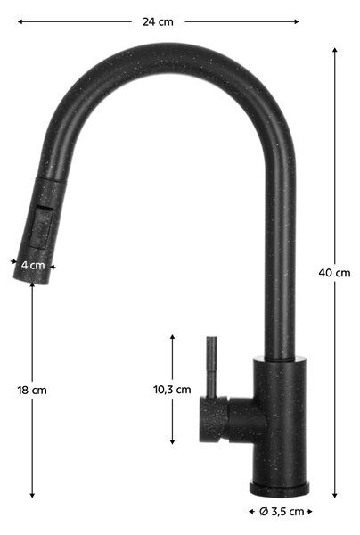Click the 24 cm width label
tap(158, 21)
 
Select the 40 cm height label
tap(334, 273)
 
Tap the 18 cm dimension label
tap(32, 390)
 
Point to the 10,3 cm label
tap(172, 390)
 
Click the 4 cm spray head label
tap(33, 265)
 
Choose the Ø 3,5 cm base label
tap(282, 512)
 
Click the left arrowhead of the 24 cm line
tap(20, 21)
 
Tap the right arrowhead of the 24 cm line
tap(296, 21)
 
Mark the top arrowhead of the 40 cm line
tap(335, 49)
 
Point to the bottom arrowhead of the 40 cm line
tap(335, 495)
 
